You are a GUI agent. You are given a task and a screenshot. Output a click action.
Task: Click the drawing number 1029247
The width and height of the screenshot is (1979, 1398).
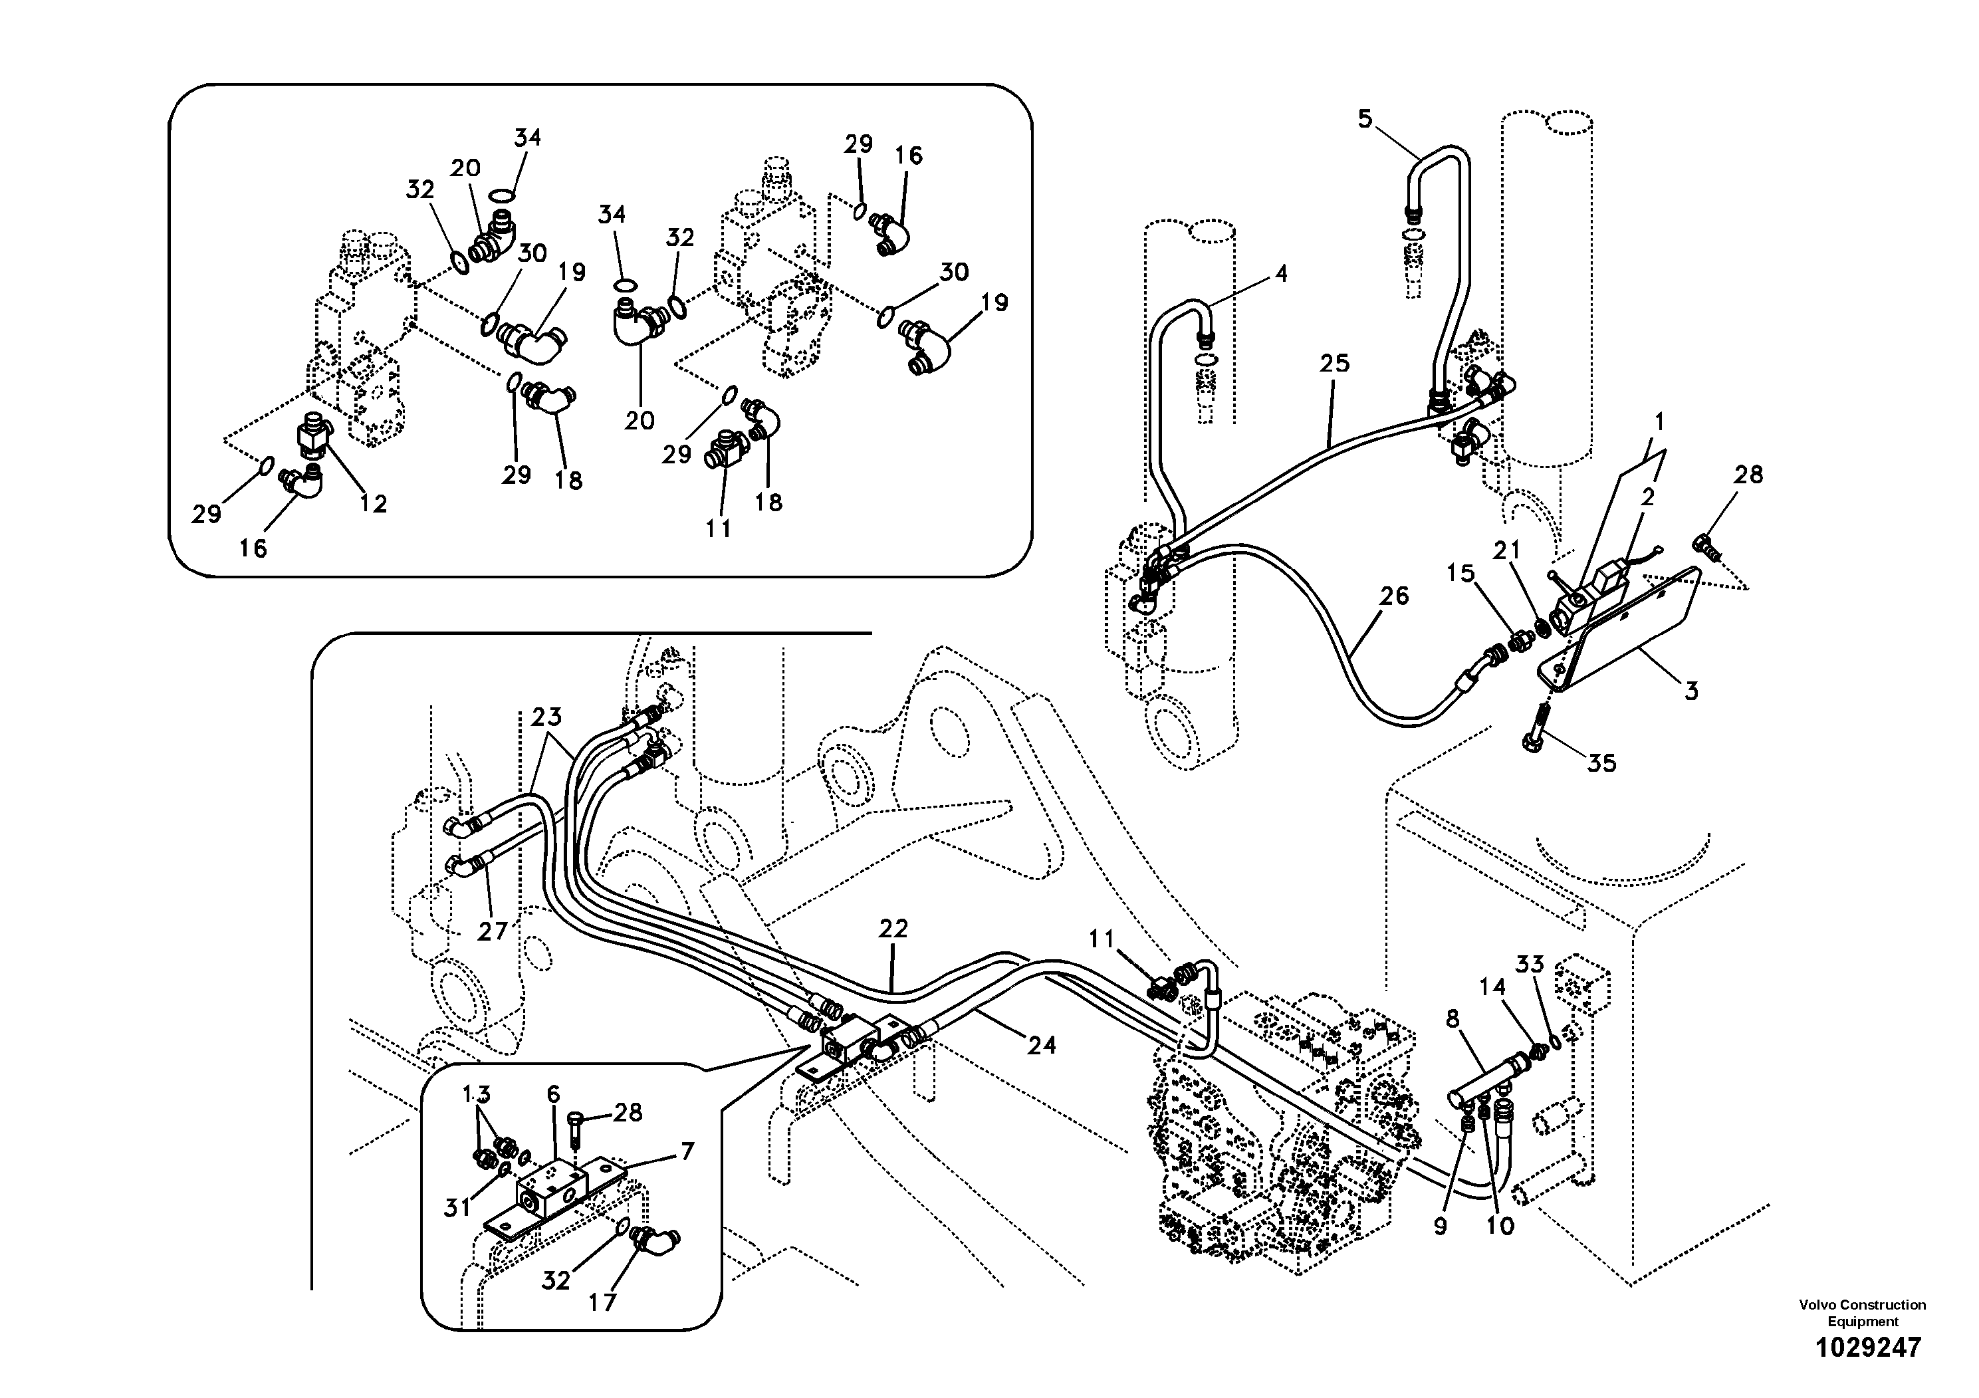click(x=1868, y=1347)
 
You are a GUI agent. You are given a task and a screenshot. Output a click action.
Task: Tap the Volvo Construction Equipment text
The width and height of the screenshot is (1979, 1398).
click(x=1862, y=1313)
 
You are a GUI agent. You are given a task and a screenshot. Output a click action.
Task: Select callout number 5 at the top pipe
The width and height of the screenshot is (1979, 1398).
click(x=1365, y=119)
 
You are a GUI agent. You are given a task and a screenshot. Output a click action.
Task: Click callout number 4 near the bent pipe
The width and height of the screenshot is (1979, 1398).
click(x=1281, y=274)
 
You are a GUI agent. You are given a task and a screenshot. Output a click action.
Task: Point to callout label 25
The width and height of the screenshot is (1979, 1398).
click(x=1334, y=364)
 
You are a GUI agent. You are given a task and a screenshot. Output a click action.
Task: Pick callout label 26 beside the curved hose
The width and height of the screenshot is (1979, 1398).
click(x=1394, y=596)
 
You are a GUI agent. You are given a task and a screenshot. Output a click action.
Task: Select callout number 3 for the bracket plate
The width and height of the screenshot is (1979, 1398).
click(x=1691, y=691)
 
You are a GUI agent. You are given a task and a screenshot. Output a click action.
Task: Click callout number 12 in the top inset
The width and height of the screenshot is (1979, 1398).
click(x=373, y=503)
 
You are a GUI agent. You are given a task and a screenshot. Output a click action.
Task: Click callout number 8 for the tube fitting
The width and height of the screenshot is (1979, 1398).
click(x=1453, y=1019)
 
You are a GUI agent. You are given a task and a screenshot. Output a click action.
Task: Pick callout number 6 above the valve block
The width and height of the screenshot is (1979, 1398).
click(x=552, y=1095)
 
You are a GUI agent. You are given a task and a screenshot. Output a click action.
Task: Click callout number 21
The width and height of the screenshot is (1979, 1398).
click(x=1506, y=549)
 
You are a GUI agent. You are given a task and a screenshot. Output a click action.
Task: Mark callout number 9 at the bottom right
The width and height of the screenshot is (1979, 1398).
click(x=1441, y=1226)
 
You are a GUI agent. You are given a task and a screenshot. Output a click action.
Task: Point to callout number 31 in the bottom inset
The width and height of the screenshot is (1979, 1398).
click(x=457, y=1209)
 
